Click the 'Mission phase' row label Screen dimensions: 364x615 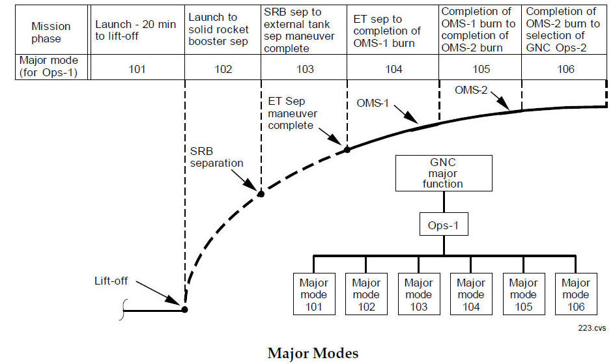51,32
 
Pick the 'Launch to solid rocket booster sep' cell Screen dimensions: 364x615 222,29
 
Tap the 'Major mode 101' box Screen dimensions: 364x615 314,294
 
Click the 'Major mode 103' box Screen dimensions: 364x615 418,294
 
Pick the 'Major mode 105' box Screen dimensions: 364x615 523,294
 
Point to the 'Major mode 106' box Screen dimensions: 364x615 576,294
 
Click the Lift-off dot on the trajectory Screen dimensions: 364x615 185,309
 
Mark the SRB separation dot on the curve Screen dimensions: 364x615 261,193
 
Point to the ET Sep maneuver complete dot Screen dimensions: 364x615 347,149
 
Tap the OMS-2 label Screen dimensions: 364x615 470,91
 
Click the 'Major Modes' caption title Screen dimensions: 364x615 313,353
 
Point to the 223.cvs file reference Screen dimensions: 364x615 590,329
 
